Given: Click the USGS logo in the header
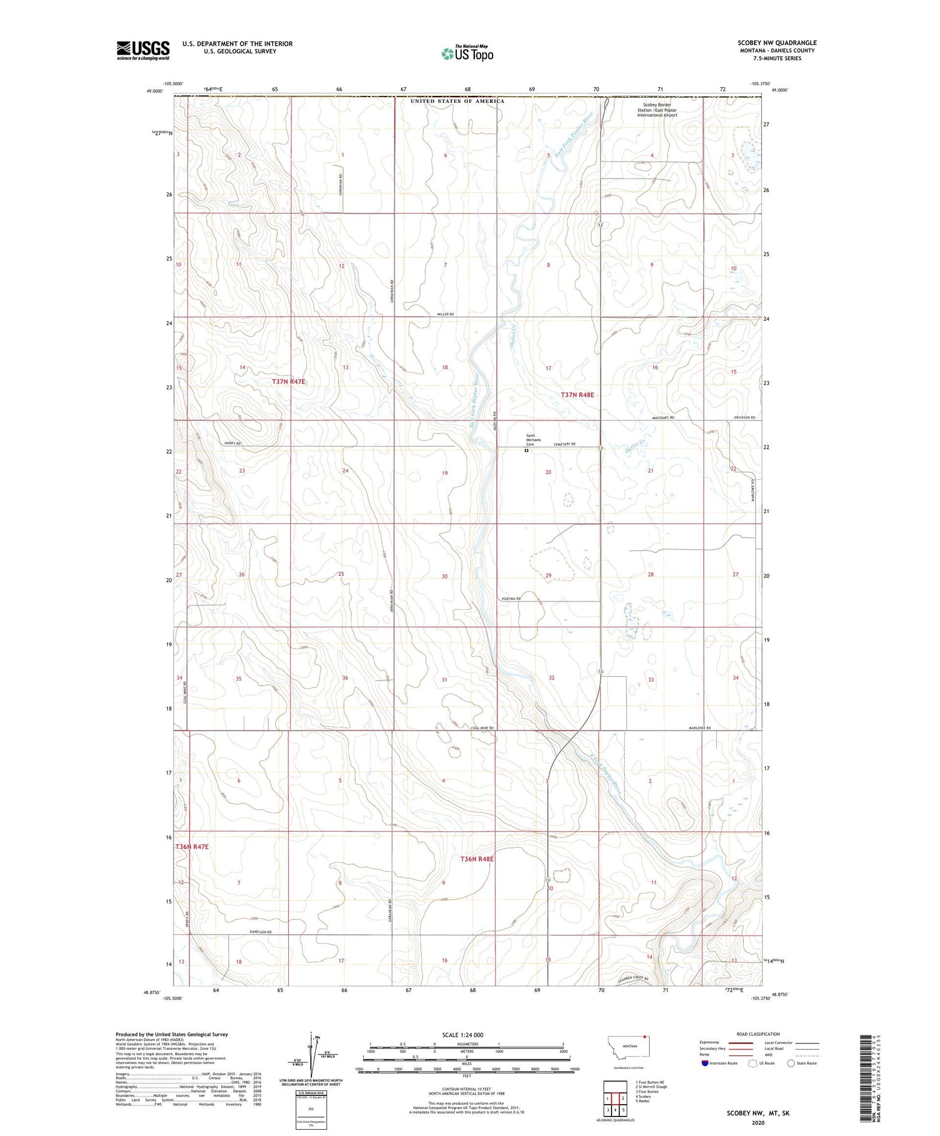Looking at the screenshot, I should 143,50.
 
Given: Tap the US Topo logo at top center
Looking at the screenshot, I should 467,53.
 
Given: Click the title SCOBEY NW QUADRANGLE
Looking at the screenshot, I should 776,43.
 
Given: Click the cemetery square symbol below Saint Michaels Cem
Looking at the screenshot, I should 526,450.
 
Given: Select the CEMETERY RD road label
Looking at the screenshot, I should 564,444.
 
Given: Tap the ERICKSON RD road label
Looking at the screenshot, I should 744,417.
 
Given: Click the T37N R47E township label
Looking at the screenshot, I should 288,382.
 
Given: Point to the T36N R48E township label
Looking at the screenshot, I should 477,859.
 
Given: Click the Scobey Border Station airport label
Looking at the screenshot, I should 657,110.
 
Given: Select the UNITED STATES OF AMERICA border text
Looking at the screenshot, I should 457,101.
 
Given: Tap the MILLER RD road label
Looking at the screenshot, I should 445,313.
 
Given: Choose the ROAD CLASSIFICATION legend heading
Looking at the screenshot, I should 758,1034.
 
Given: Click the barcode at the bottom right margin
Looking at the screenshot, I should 866,1077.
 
